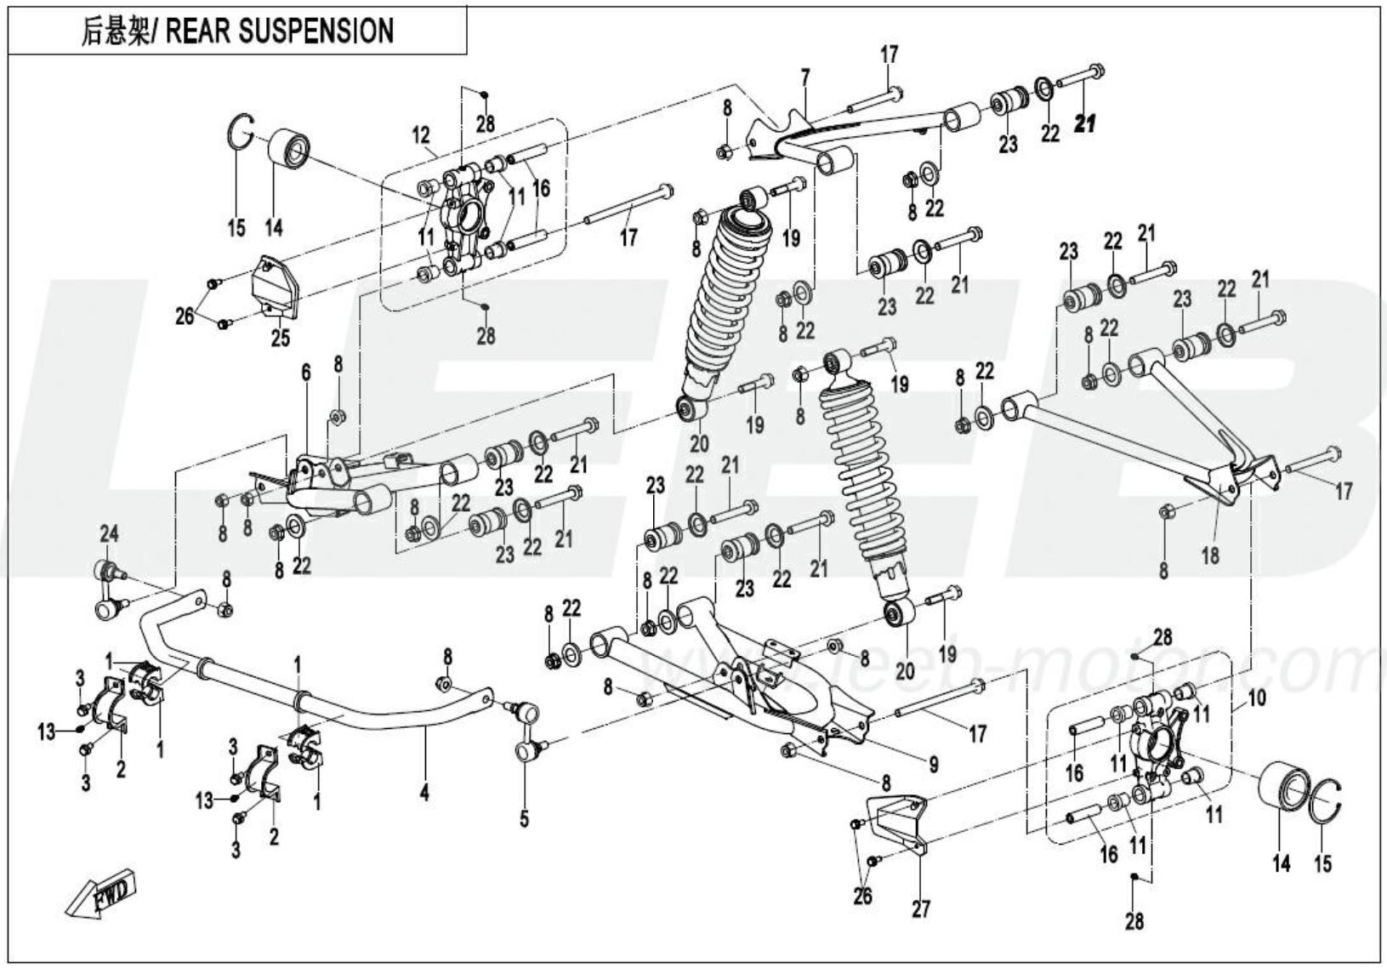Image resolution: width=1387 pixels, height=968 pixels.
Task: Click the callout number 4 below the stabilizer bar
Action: [x=423, y=793]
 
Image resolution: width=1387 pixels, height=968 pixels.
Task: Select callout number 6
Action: [x=306, y=372]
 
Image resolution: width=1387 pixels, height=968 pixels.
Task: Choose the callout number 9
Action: [x=933, y=765]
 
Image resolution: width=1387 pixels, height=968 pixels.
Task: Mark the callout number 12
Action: [x=421, y=134]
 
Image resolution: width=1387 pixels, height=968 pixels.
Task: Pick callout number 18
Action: [x=1209, y=555]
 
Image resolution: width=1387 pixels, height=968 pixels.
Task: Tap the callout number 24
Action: [x=109, y=533]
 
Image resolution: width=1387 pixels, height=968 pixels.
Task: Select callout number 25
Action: [x=280, y=338]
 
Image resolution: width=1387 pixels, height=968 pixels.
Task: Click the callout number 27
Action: [x=921, y=908]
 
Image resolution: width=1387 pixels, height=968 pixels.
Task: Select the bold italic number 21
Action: [x=1085, y=123]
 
